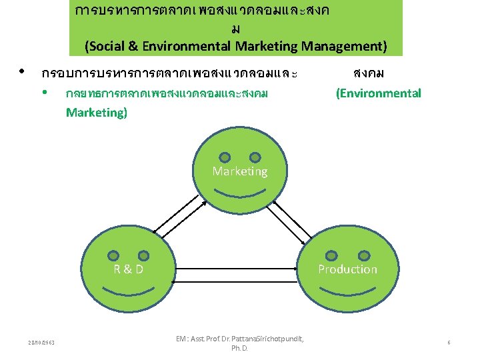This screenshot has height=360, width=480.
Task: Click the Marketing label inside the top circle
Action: [x=240, y=171]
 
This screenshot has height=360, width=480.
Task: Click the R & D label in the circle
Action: [x=128, y=269]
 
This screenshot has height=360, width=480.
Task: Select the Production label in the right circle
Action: [x=347, y=269]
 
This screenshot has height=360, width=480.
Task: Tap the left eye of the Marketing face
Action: [x=225, y=158]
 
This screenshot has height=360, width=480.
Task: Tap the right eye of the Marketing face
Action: [x=255, y=158]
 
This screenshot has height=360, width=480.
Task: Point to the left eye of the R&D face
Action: [x=114, y=255]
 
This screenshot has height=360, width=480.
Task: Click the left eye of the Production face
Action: [x=333, y=255]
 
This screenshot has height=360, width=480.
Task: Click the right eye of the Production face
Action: [x=363, y=255]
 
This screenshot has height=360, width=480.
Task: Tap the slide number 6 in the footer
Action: [x=449, y=343]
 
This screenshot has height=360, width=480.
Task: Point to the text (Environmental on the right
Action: [x=378, y=93]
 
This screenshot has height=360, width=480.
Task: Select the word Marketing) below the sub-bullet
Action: [x=96, y=112]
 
